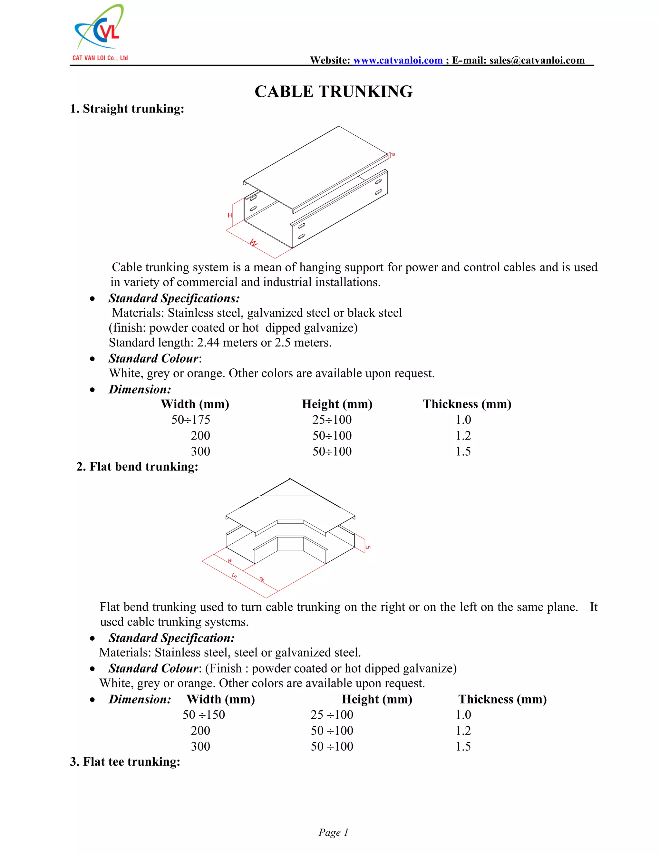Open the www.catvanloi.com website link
pos(398,60)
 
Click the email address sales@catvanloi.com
pos(537,60)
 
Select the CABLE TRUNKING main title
pos(334,92)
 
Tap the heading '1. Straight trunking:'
pos(127,109)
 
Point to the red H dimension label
pos(230,216)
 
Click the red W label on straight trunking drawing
pos(254,243)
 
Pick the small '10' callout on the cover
pos(393,154)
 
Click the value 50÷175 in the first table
pos(191,420)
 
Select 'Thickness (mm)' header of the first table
pos(467,404)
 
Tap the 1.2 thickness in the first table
pos(463,436)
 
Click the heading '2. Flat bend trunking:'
pos(137,467)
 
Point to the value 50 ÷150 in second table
pos(204,715)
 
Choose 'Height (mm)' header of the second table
pos(377,699)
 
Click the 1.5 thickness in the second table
pos(463,746)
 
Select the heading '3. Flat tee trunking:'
pos(125,762)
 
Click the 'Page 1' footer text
pos(333,832)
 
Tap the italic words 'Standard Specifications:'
pos(174,298)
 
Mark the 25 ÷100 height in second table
pos(332,715)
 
